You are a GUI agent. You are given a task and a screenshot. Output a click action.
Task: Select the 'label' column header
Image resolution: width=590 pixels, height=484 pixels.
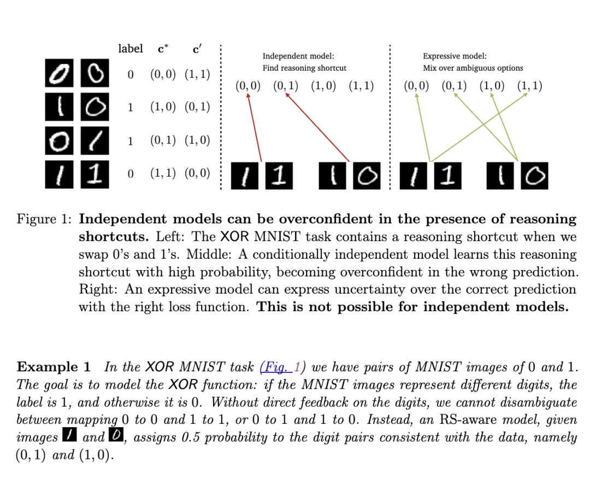(x=131, y=49)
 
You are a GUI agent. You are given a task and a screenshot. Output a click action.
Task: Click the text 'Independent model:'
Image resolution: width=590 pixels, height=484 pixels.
(x=298, y=56)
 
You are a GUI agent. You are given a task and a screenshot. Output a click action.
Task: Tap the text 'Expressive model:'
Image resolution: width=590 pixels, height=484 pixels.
(x=455, y=56)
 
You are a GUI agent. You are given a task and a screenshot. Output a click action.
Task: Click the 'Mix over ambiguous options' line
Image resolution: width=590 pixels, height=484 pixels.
(x=473, y=68)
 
